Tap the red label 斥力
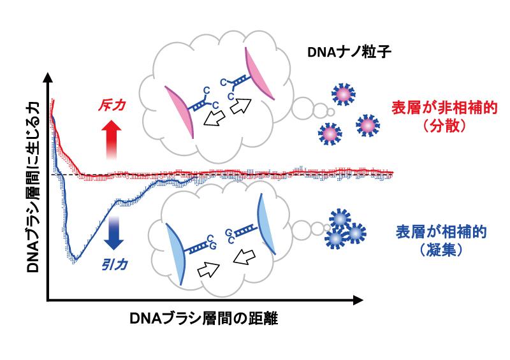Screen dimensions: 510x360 [112, 106]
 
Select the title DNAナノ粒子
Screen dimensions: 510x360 [349, 52]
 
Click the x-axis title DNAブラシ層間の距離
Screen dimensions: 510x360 [204, 319]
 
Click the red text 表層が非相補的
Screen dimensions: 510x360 [444, 108]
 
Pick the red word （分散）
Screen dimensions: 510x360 [444, 126]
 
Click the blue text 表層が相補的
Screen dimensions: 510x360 [441, 232]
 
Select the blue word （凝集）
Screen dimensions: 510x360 [441, 250]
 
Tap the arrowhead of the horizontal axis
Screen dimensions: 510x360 [358, 301]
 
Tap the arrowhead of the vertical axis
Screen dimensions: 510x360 [48, 77]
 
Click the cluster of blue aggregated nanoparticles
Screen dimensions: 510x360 [345, 229]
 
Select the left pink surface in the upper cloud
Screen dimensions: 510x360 [180, 112]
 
